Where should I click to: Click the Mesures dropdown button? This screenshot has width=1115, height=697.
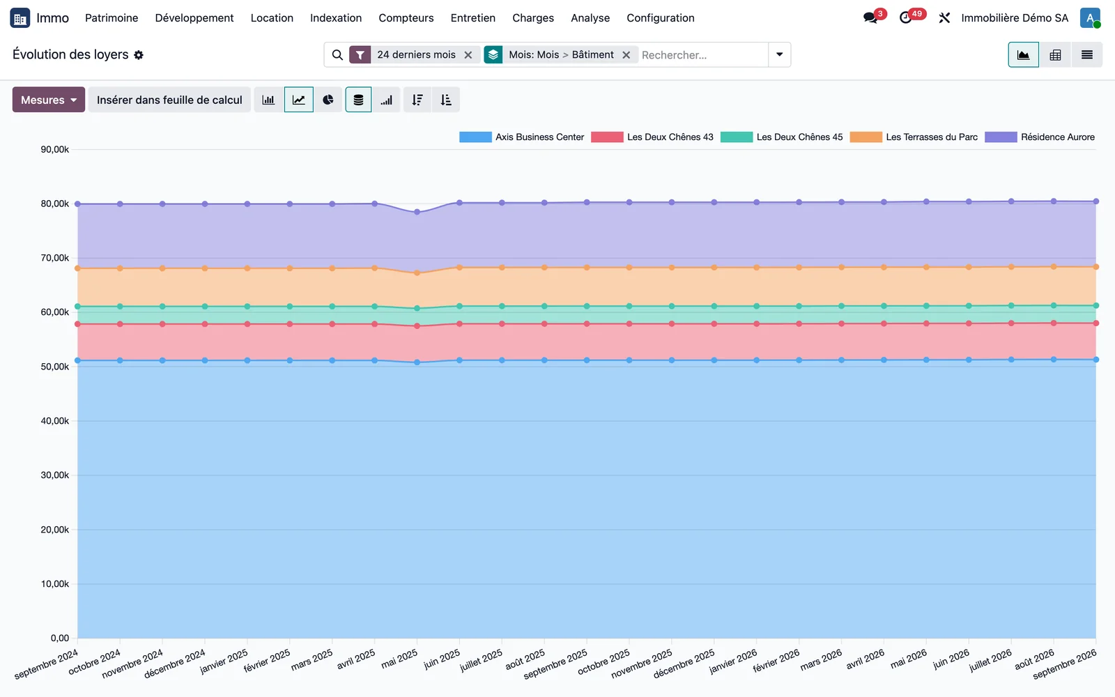coord(48,100)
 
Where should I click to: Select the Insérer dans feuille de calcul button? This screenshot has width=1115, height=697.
coord(169,100)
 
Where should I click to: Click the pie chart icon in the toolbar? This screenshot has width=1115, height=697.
coord(328,100)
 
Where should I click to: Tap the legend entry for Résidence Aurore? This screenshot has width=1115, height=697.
coord(1040,137)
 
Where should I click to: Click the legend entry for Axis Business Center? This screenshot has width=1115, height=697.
coord(522,137)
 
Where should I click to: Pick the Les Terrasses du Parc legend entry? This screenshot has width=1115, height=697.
coord(914,137)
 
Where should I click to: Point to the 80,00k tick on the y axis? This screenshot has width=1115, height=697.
coord(55,204)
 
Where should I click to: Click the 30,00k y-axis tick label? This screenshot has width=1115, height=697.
coord(55,475)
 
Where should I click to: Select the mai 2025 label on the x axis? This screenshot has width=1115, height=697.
coord(400,659)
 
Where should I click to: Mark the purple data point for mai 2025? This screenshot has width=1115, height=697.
coord(417,212)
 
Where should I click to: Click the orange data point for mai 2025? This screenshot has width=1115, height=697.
coord(417,273)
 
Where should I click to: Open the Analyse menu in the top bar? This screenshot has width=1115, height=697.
coord(590,18)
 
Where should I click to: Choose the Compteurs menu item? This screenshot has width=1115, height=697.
coord(406,18)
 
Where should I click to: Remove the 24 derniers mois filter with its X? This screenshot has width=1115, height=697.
coord(468,55)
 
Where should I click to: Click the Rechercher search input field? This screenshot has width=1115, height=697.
coord(703,55)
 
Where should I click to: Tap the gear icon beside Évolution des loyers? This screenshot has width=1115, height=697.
coord(139,55)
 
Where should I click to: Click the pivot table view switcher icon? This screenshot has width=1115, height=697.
coord(1055,55)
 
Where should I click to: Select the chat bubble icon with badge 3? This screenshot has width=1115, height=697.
coord(870,18)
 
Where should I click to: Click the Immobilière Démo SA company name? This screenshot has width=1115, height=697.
coord(1015,18)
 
